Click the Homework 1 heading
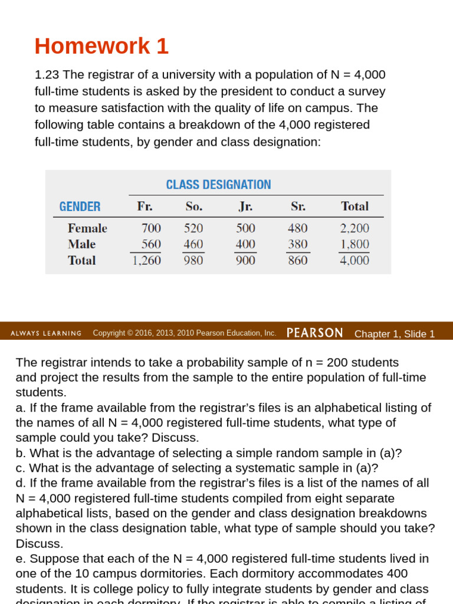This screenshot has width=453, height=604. pos(101,46)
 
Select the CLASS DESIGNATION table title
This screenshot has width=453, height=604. pos(218,185)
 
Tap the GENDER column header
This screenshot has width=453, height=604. pos(80,206)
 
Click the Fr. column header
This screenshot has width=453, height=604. pos(145,206)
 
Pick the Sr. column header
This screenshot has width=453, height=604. pos(298,206)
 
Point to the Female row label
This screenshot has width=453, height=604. pos(87,228)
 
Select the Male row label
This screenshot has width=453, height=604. pos(81,244)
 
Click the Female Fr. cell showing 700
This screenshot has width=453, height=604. pos(151,228)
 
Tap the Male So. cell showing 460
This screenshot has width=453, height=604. pos(193,244)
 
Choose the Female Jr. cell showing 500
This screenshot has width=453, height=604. pos(245,228)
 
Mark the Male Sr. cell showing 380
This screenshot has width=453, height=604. pos(297,244)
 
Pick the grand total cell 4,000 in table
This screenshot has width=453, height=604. pos(354,260)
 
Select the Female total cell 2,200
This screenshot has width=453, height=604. pos(354,228)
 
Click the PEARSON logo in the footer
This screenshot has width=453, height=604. pos(314,333)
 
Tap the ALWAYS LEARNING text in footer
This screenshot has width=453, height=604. pos(46,333)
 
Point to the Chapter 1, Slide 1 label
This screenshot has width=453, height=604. pos(394,334)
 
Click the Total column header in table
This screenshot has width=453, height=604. pos(354,206)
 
